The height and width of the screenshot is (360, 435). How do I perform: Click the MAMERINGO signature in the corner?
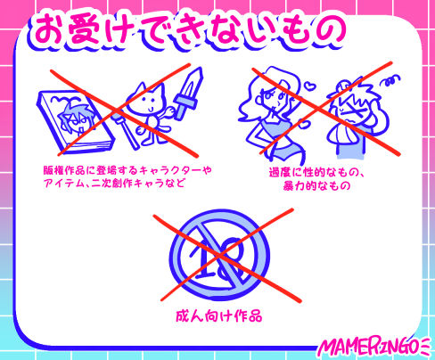[375, 348]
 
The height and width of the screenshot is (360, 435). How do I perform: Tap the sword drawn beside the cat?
[188, 94]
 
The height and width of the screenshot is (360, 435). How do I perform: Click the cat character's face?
[146, 101]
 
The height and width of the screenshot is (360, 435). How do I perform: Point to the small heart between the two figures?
[310, 86]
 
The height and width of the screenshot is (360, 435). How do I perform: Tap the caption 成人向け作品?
[219, 316]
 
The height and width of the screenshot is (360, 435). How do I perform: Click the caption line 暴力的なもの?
[316, 185]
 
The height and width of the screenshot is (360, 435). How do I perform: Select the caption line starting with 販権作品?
[127, 170]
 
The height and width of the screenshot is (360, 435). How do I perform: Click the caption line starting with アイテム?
[114, 183]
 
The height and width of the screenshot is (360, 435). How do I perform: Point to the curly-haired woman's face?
[274, 97]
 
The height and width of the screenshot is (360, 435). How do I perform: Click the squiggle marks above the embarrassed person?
[391, 79]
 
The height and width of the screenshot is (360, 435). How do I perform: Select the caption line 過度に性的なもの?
[316, 173]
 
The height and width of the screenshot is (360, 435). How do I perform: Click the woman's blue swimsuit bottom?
[286, 148]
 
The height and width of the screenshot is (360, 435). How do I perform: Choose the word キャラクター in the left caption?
[170, 170]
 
